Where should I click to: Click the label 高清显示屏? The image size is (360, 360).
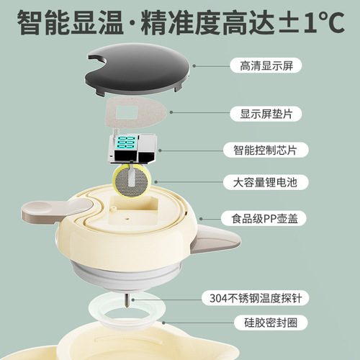pyautogui.click(x=266, y=66)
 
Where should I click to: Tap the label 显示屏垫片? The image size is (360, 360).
pyautogui.click(x=266, y=114)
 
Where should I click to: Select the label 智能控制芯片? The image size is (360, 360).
pyautogui.click(x=265, y=150)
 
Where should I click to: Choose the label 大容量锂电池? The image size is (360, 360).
pyautogui.click(x=265, y=182)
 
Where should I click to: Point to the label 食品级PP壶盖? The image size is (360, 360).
pyautogui.click(x=264, y=218)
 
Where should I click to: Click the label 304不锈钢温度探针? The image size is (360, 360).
pyautogui.click(x=256, y=298)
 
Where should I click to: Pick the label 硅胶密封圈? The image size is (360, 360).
pyautogui.click(x=271, y=323)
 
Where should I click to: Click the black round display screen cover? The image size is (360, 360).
pyautogui.click(x=138, y=70)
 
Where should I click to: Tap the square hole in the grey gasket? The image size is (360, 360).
pyautogui.click(x=127, y=113)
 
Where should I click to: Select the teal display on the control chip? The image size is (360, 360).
pyautogui.click(x=127, y=142)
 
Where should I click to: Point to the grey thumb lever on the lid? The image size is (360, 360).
pyautogui.click(x=55, y=210)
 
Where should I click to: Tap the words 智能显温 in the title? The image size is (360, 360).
pyautogui.click(x=70, y=23)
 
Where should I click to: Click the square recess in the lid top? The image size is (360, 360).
pyautogui.click(x=133, y=210)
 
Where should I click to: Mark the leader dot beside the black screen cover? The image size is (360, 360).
pyautogui.click(x=194, y=66)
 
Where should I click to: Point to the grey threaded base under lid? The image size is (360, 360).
pyautogui.click(x=125, y=276)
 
